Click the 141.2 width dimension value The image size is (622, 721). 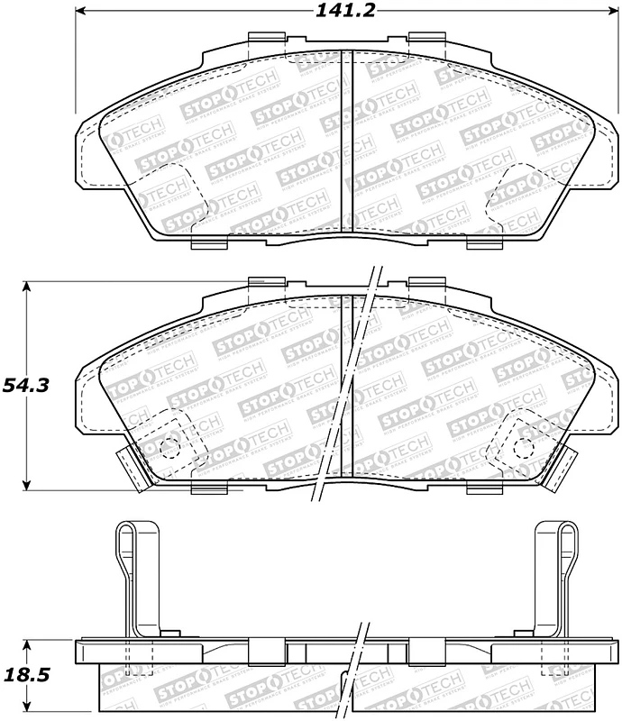tap(331, 12)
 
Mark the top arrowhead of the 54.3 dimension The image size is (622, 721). tap(27, 287)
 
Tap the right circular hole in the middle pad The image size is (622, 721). tap(525, 444)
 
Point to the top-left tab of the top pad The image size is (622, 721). tap(264, 37)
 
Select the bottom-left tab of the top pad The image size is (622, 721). tap(209, 243)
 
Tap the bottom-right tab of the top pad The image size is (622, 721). tap(484, 243)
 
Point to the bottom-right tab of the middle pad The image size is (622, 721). tap(484, 488)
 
